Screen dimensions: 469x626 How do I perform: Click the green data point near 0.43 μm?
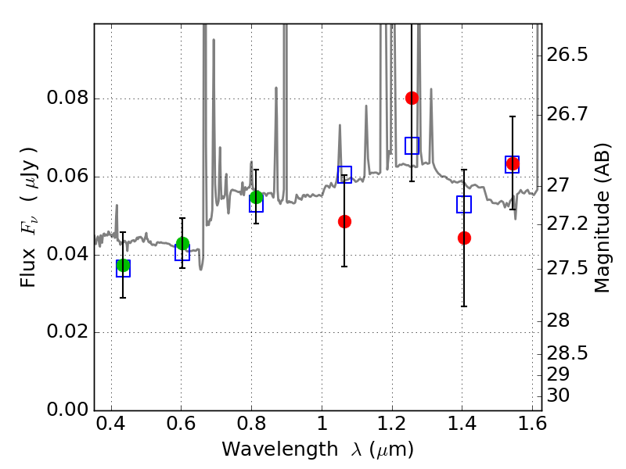[123, 266]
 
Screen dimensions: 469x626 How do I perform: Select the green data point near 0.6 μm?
[182, 244]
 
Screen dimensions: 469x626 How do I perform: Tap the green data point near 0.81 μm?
[256, 197]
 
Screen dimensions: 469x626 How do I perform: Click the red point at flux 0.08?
[412, 98]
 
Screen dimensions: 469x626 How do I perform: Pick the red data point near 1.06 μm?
[344, 221]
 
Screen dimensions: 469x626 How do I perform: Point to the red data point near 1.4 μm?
[464, 238]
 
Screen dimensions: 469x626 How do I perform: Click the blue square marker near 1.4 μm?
[464, 204]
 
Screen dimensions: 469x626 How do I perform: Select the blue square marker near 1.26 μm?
[412, 145]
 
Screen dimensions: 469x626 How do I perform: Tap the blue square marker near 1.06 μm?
[344, 174]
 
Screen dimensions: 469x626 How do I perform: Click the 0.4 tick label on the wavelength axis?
[111, 427]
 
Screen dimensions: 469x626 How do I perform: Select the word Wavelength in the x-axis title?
[268, 449]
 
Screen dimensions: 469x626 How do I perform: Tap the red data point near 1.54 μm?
[513, 164]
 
